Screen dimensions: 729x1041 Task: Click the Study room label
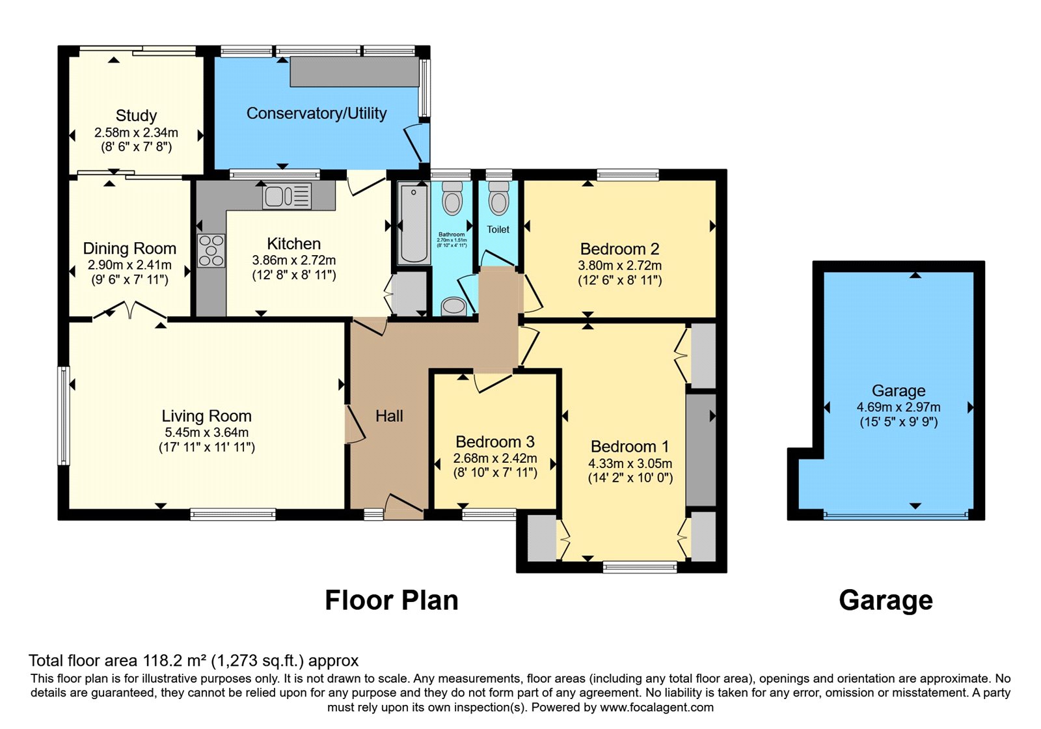pos(136,116)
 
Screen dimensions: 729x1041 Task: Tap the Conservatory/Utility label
pos(316,113)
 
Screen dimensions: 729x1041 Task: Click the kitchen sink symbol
pos(287,196)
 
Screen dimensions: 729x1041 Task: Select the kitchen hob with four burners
pos(211,251)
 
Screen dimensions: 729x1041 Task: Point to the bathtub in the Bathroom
pos(413,223)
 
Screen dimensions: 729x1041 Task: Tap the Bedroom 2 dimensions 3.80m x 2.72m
pos(619,266)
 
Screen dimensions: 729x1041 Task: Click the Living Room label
pos(206,416)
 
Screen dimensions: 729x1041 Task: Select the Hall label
pos(389,416)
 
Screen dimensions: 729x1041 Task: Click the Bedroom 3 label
pos(494,442)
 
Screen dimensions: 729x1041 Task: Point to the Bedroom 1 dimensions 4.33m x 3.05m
pos(630,463)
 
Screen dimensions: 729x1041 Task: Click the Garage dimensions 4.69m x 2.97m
pos(898,407)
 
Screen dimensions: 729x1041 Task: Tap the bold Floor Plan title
pos(391,600)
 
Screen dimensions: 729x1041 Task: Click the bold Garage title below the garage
pos(886,600)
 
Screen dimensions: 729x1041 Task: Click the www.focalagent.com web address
pos(656,708)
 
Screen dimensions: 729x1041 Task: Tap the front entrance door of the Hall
pos(404,505)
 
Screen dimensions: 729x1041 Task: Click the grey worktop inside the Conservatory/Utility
pos(355,72)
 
